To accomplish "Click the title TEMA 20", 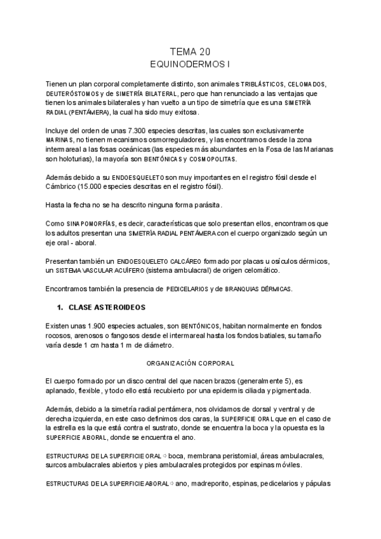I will [x=190, y=52].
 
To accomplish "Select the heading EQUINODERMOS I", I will [x=190, y=64].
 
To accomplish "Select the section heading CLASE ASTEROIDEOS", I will [x=107, y=308].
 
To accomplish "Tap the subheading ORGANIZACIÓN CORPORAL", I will [x=190, y=363].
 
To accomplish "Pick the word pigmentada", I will [x=288, y=390].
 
